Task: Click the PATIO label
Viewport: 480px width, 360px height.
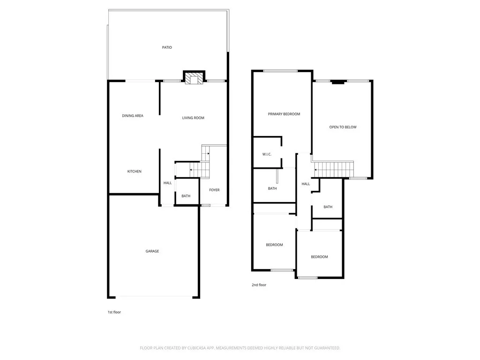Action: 167,47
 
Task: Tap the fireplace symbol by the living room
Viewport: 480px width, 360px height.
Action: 194,78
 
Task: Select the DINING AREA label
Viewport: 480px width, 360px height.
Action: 133,116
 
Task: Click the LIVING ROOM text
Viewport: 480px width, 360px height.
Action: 193,118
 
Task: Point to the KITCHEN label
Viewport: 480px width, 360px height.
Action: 135,172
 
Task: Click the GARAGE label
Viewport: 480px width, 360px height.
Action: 152,251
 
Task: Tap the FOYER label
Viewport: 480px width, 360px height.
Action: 214,190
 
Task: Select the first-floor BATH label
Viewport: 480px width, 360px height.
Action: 186,196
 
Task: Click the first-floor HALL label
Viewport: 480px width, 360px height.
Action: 167,183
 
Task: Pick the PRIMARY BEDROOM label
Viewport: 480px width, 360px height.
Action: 284,114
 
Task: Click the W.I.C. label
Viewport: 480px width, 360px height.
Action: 267,154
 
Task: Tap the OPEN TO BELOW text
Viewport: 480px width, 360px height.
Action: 343,127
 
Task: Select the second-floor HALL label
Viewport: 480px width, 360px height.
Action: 306,184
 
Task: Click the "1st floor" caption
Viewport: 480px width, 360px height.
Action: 114,312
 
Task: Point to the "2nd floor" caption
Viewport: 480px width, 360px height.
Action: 259,285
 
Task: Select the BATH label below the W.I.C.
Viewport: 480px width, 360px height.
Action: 272,188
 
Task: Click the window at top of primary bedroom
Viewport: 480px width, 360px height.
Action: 280,71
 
